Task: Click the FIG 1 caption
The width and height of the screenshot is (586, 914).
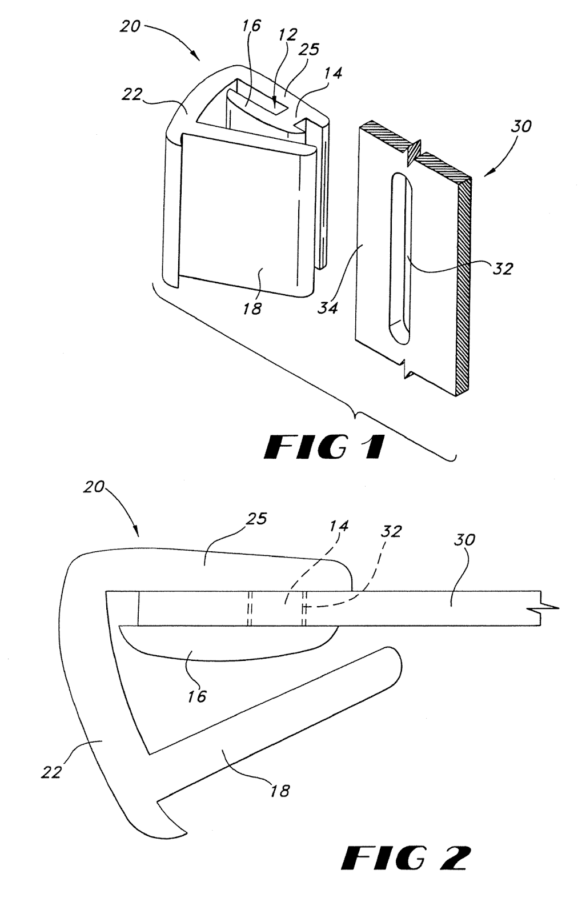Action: tap(324, 448)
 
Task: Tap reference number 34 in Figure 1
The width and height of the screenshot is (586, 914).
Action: tap(328, 306)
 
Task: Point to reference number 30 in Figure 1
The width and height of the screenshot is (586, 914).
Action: tap(521, 126)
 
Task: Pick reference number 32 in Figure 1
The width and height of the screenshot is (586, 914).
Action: tap(503, 268)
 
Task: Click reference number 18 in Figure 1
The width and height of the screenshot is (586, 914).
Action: tap(252, 308)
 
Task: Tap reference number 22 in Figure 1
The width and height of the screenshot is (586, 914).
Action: tap(131, 95)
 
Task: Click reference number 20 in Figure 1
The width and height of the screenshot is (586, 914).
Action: tap(130, 26)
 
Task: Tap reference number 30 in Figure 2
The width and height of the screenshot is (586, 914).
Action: tap(464, 539)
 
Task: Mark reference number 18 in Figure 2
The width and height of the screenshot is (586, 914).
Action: tap(279, 791)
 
